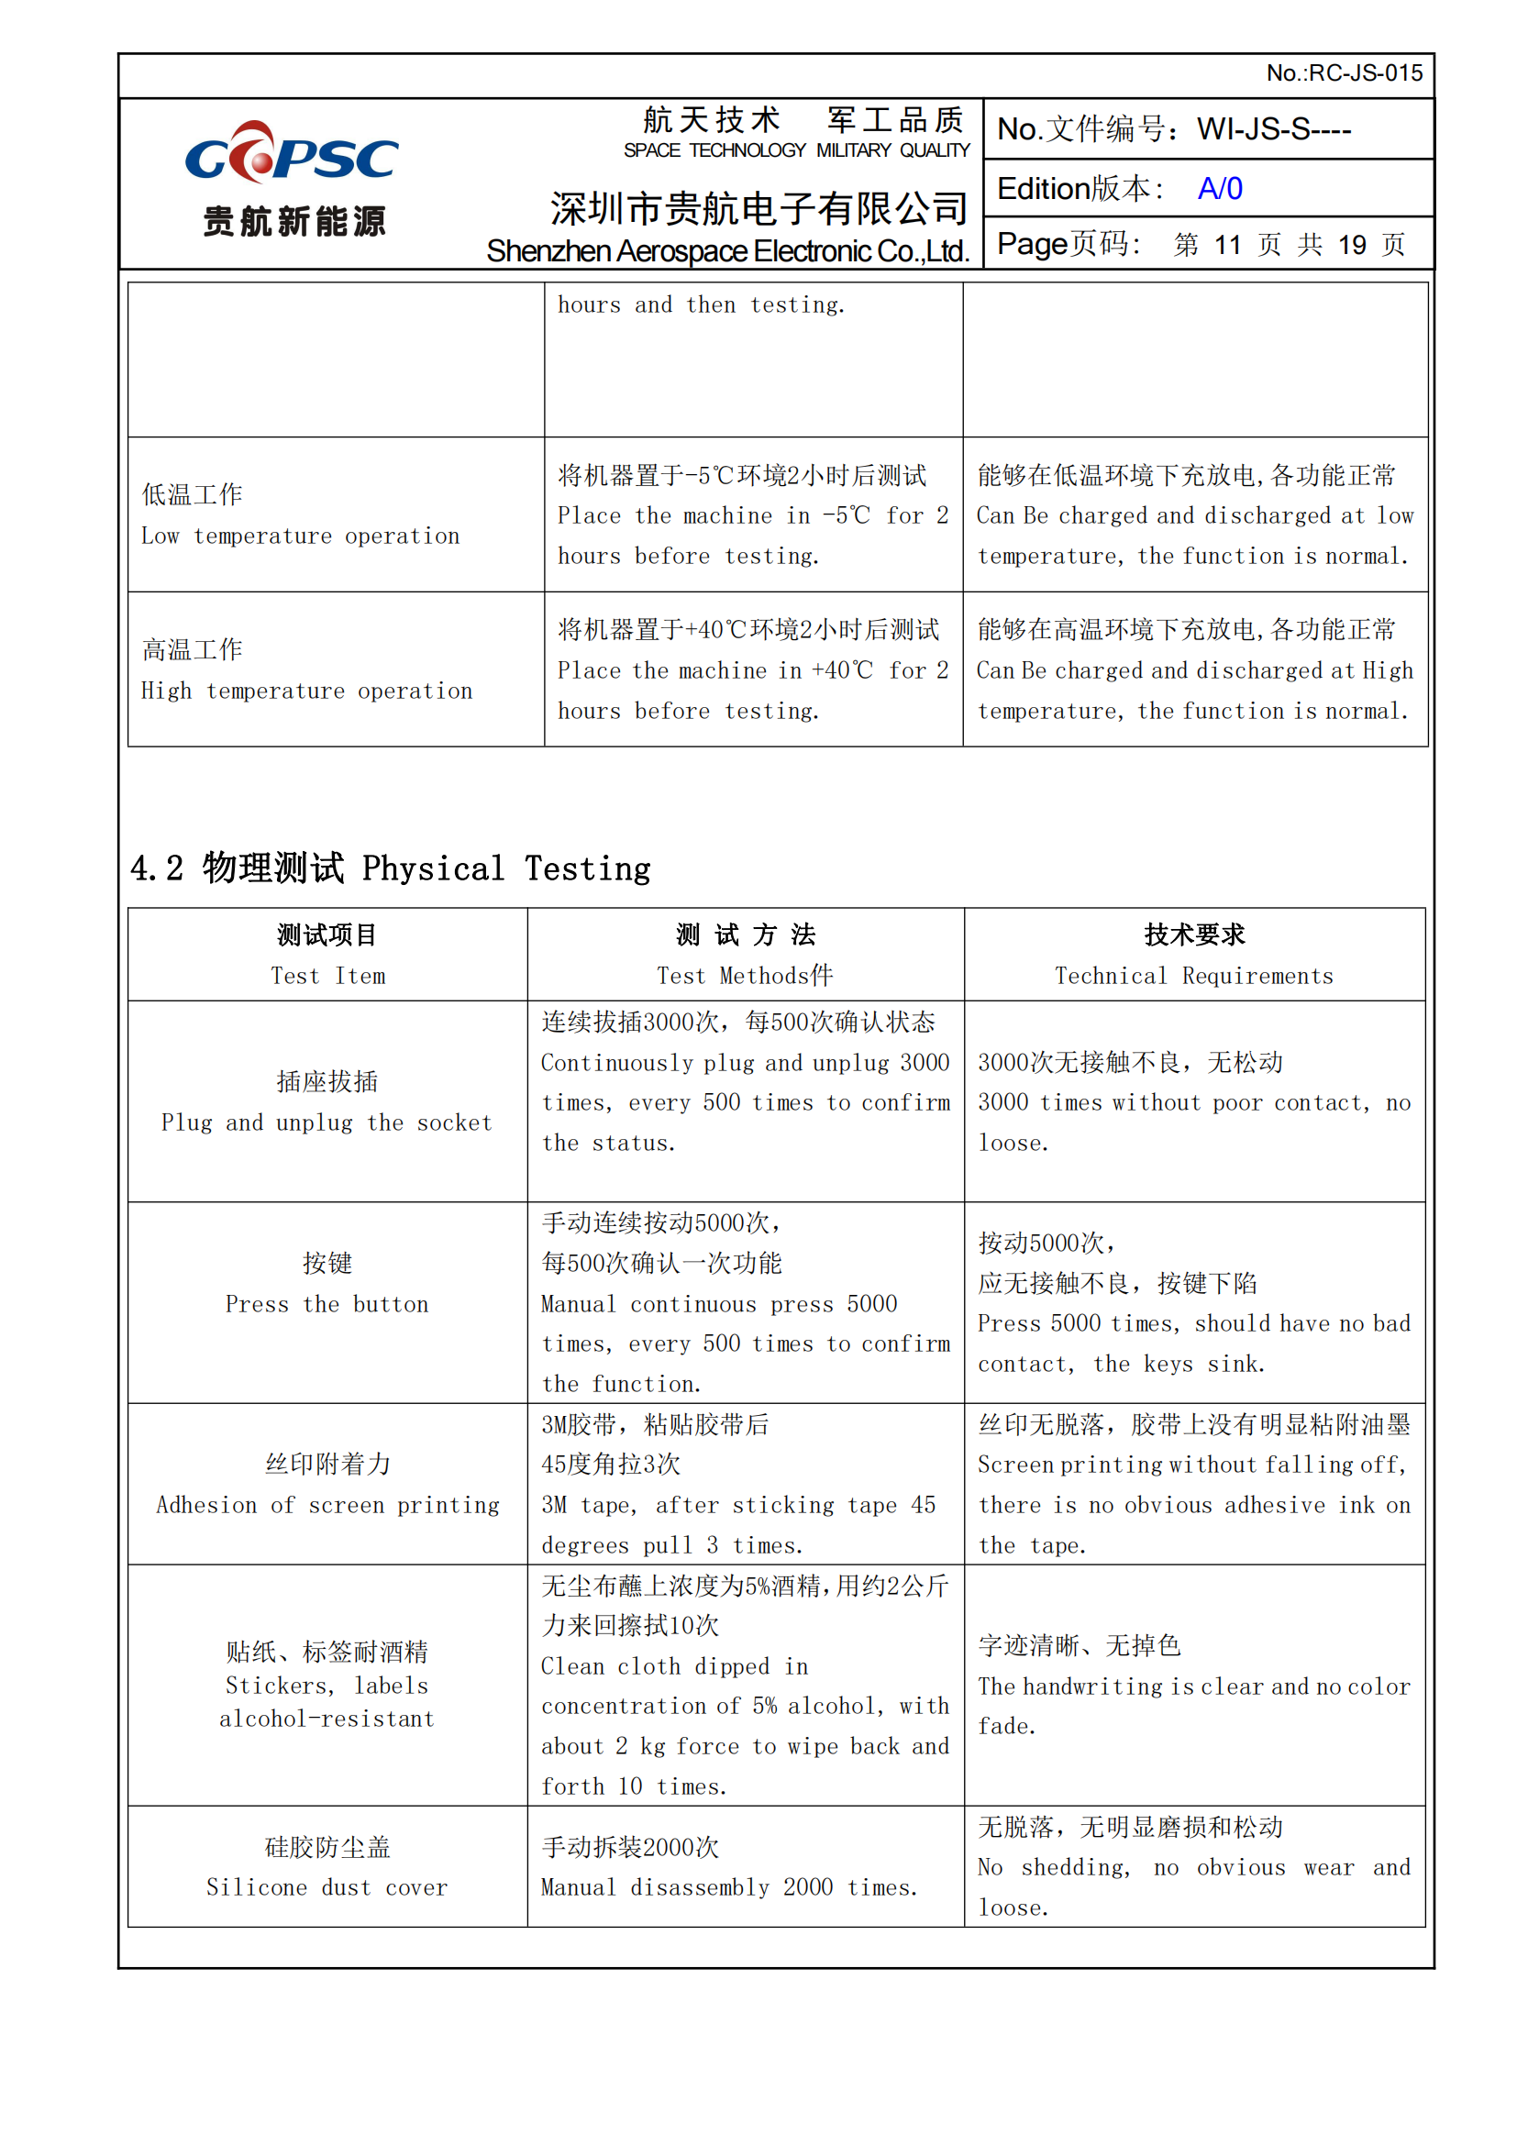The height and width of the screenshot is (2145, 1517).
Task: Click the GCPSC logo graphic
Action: pos(292,154)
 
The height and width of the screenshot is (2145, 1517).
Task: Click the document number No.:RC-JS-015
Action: pos(1344,72)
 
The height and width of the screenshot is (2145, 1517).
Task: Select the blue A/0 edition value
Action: pos(1219,189)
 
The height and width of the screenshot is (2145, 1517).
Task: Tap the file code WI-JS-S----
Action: pos(1273,129)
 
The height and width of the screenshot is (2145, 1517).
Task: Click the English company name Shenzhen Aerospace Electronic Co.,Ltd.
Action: pos(726,251)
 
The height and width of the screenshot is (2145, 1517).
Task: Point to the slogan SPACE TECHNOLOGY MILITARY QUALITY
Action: pos(796,150)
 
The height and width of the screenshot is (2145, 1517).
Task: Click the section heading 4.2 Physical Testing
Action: pos(391,868)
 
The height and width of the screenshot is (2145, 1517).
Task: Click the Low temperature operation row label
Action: pos(300,536)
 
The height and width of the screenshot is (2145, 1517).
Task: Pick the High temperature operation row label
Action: pos(306,691)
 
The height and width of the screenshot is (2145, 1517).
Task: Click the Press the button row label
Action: pos(327,1303)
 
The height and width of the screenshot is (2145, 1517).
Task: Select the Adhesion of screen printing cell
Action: pos(327,1504)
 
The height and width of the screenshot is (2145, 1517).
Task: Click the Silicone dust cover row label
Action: pos(327,1887)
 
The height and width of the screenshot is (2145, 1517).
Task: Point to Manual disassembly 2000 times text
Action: pos(728,1887)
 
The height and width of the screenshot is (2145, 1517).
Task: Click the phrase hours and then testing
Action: pos(701,304)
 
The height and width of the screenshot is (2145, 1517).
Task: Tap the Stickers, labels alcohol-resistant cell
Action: pos(327,1701)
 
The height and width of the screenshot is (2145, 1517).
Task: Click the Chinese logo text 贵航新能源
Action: pos(294,222)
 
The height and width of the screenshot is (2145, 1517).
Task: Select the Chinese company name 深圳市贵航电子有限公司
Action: pos(758,208)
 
